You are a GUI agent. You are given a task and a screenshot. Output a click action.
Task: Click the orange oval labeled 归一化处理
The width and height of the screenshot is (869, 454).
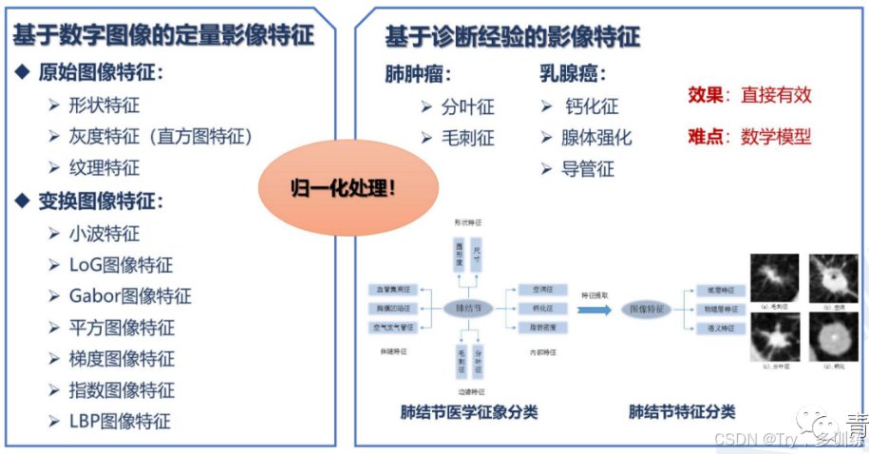[x=342, y=187]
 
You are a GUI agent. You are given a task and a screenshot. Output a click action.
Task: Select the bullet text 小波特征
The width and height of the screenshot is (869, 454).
[x=104, y=233]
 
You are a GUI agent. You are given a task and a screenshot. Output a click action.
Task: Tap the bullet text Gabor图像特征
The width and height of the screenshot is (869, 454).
[x=130, y=295]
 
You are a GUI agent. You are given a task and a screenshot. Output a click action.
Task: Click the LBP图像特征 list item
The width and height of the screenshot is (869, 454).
[x=120, y=421]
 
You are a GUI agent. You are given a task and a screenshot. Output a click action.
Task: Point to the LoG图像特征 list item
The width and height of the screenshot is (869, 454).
[x=121, y=264]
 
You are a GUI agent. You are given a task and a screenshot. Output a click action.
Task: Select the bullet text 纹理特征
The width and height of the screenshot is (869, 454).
[x=104, y=167]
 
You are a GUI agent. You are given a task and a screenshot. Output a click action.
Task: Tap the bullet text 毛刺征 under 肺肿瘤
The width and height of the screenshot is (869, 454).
[x=468, y=138]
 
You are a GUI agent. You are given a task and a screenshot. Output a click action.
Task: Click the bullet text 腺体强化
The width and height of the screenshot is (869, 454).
[x=596, y=138]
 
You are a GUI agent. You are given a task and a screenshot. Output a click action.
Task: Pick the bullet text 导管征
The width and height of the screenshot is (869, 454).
[x=589, y=169]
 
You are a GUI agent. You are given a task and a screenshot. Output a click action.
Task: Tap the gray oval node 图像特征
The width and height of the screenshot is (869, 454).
[x=647, y=309]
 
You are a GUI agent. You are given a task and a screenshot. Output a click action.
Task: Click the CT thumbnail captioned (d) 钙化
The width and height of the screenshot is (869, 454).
[x=832, y=339]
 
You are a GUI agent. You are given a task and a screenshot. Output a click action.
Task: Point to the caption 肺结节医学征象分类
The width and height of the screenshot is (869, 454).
[x=468, y=412]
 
